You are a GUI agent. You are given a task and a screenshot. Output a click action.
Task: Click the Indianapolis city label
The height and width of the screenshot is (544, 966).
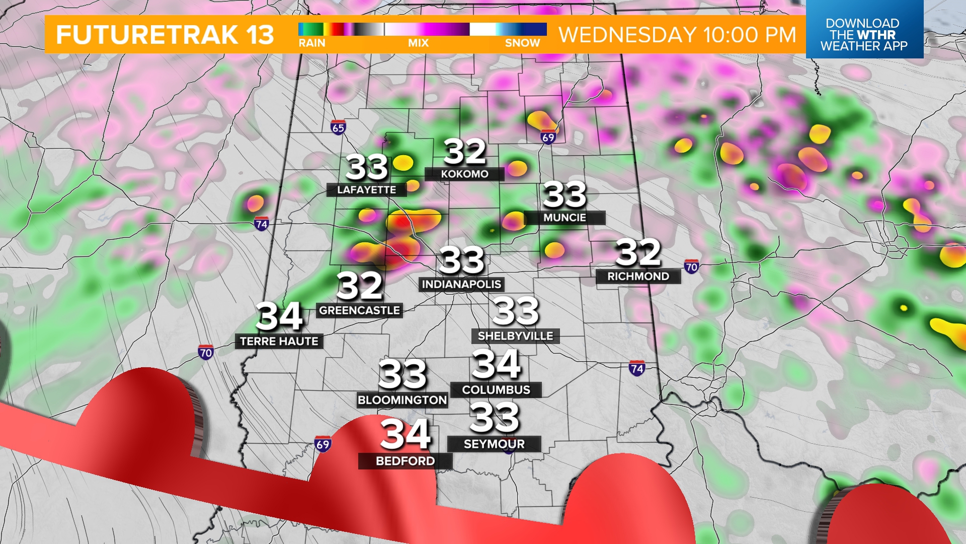tap(461, 285)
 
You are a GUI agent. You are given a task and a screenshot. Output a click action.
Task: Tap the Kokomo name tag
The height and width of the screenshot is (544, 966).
tap(464, 174)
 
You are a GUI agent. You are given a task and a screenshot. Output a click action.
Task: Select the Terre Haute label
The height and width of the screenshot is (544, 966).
tap(279, 342)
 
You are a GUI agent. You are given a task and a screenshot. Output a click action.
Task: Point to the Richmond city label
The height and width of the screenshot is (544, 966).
tap(638, 277)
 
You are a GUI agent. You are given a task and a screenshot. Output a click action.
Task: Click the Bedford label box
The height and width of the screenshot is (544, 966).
tap(405, 461)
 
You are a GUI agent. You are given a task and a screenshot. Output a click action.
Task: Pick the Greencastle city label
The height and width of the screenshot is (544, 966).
tap(359, 310)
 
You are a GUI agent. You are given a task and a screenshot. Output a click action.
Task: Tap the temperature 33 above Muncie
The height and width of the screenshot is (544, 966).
tap(565, 194)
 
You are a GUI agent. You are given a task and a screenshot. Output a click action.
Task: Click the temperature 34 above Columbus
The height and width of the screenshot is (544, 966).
tap(496, 364)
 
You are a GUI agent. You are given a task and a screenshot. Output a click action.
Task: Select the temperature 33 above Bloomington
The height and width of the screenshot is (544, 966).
tap(402, 375)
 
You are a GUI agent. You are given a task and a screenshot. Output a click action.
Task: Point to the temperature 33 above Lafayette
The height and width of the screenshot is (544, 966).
tap(367, 167)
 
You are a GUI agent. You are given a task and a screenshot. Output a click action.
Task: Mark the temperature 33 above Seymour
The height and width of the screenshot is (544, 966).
tap(494, 418)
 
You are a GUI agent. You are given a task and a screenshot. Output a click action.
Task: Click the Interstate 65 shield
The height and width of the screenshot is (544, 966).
tap(338, 127)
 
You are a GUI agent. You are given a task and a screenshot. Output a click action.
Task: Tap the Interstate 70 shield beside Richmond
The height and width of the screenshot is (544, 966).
tap(691, 267)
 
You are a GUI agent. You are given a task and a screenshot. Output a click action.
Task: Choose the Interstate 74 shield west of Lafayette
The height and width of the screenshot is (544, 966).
tap(261, 224)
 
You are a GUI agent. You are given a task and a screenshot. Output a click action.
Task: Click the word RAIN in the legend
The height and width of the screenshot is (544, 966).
tap(312, 43)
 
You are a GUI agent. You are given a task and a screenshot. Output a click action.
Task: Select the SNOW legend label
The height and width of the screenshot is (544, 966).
tap(522, 43)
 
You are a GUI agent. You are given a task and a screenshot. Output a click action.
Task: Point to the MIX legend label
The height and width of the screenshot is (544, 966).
tap(418, 43)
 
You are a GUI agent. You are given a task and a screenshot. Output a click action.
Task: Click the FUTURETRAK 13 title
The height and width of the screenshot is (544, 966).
tap(165, 35)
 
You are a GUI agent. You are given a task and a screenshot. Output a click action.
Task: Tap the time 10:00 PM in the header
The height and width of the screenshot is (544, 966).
tap(750, 35)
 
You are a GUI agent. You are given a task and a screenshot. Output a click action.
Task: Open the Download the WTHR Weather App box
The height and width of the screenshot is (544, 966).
tap(864, 34)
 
